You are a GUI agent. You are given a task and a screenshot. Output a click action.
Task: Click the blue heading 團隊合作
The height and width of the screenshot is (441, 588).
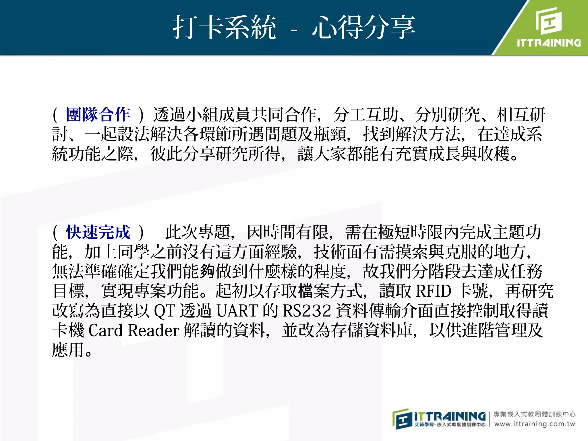pyautogui.click(x=98, y=115)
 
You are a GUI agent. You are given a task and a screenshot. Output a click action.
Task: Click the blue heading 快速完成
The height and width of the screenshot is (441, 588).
pyautogui.click(x=98, y=232)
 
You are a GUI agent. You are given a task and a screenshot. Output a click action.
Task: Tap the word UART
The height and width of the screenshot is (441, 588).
pyautogui.click(x=237, y=311)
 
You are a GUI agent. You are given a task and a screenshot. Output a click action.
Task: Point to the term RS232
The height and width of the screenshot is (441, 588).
pyautogui.click(x=307, y=311)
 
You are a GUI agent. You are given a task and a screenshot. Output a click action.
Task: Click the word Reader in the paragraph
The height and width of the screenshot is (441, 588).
pyautogui.click(x=154, y=330)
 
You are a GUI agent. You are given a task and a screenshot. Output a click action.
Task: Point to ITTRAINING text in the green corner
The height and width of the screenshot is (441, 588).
pyautogui.click(x=549, y=43)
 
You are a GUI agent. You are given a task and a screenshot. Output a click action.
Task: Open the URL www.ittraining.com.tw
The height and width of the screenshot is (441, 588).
pyautogui.click(x=535, y=424)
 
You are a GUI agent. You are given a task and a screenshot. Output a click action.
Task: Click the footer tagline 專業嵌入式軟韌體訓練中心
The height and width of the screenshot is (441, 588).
pyautogui.click(x=534, y=414)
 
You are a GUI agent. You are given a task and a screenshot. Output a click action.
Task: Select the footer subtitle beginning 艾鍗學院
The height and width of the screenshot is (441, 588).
pyautogui.click(x=450, y=425)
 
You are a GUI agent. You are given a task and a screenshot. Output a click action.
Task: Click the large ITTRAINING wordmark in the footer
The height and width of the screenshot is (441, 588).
pyautogui.click(x=450, y=416)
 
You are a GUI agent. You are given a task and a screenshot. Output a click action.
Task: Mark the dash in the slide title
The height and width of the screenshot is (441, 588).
pyautogui.click(x=294, y=30)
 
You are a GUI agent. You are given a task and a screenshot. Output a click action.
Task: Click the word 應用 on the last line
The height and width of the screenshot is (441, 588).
pyautogui.click(x=68, y=350)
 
